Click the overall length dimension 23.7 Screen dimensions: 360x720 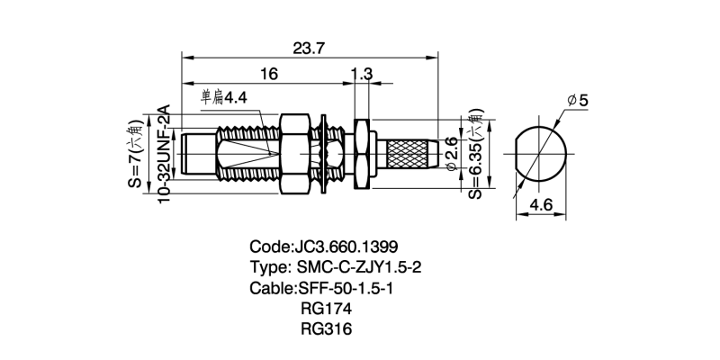tap(309, 49)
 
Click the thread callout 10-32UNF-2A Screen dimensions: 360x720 tap(165, 154)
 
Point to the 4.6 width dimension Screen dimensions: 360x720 tap(541, 205)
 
